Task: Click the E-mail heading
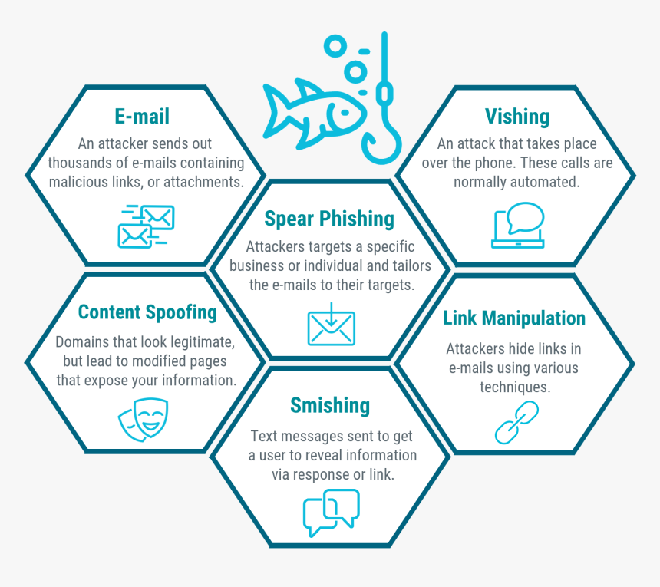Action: tap(142, 116)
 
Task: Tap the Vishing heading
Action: tap(517, 117)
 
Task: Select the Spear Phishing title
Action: tap(329, 219)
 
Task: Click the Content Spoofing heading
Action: tap(147, 312)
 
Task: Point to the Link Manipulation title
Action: tap(514, 318)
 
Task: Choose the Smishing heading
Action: tap(330, 405)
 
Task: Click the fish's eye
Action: tap(345, 113)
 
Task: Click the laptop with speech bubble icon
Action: tap(518, 225)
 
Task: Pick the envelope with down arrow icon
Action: tap(332, 324)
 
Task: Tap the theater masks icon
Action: tap(143, 420)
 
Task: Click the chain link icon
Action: tap(516, 423)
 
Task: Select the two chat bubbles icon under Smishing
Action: tap(332, 513)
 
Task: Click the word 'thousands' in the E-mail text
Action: tap(79, 163)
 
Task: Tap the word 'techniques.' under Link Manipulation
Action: tap(515, 387)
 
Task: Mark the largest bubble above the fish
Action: tap(335, 46)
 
